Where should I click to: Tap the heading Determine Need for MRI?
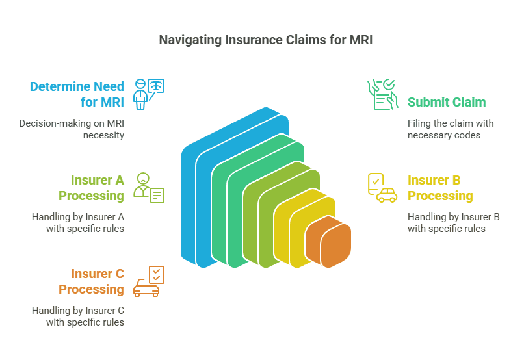(77, 95)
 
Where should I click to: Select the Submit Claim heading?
(447, 102)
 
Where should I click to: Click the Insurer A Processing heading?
(91, 188)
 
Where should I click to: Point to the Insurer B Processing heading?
(440, 188)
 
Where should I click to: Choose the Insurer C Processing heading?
(91, 281)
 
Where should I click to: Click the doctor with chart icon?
(148, 94)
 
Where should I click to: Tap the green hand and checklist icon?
(381, 94)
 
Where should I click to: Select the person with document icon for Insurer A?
(148, 187)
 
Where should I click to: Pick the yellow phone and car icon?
(382, 188)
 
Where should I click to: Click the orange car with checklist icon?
(148, 281)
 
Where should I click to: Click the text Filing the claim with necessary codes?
(451, 129)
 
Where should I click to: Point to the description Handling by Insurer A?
(78, 223)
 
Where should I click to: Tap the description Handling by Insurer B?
(453, 223)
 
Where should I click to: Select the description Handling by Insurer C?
(78, 316)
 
